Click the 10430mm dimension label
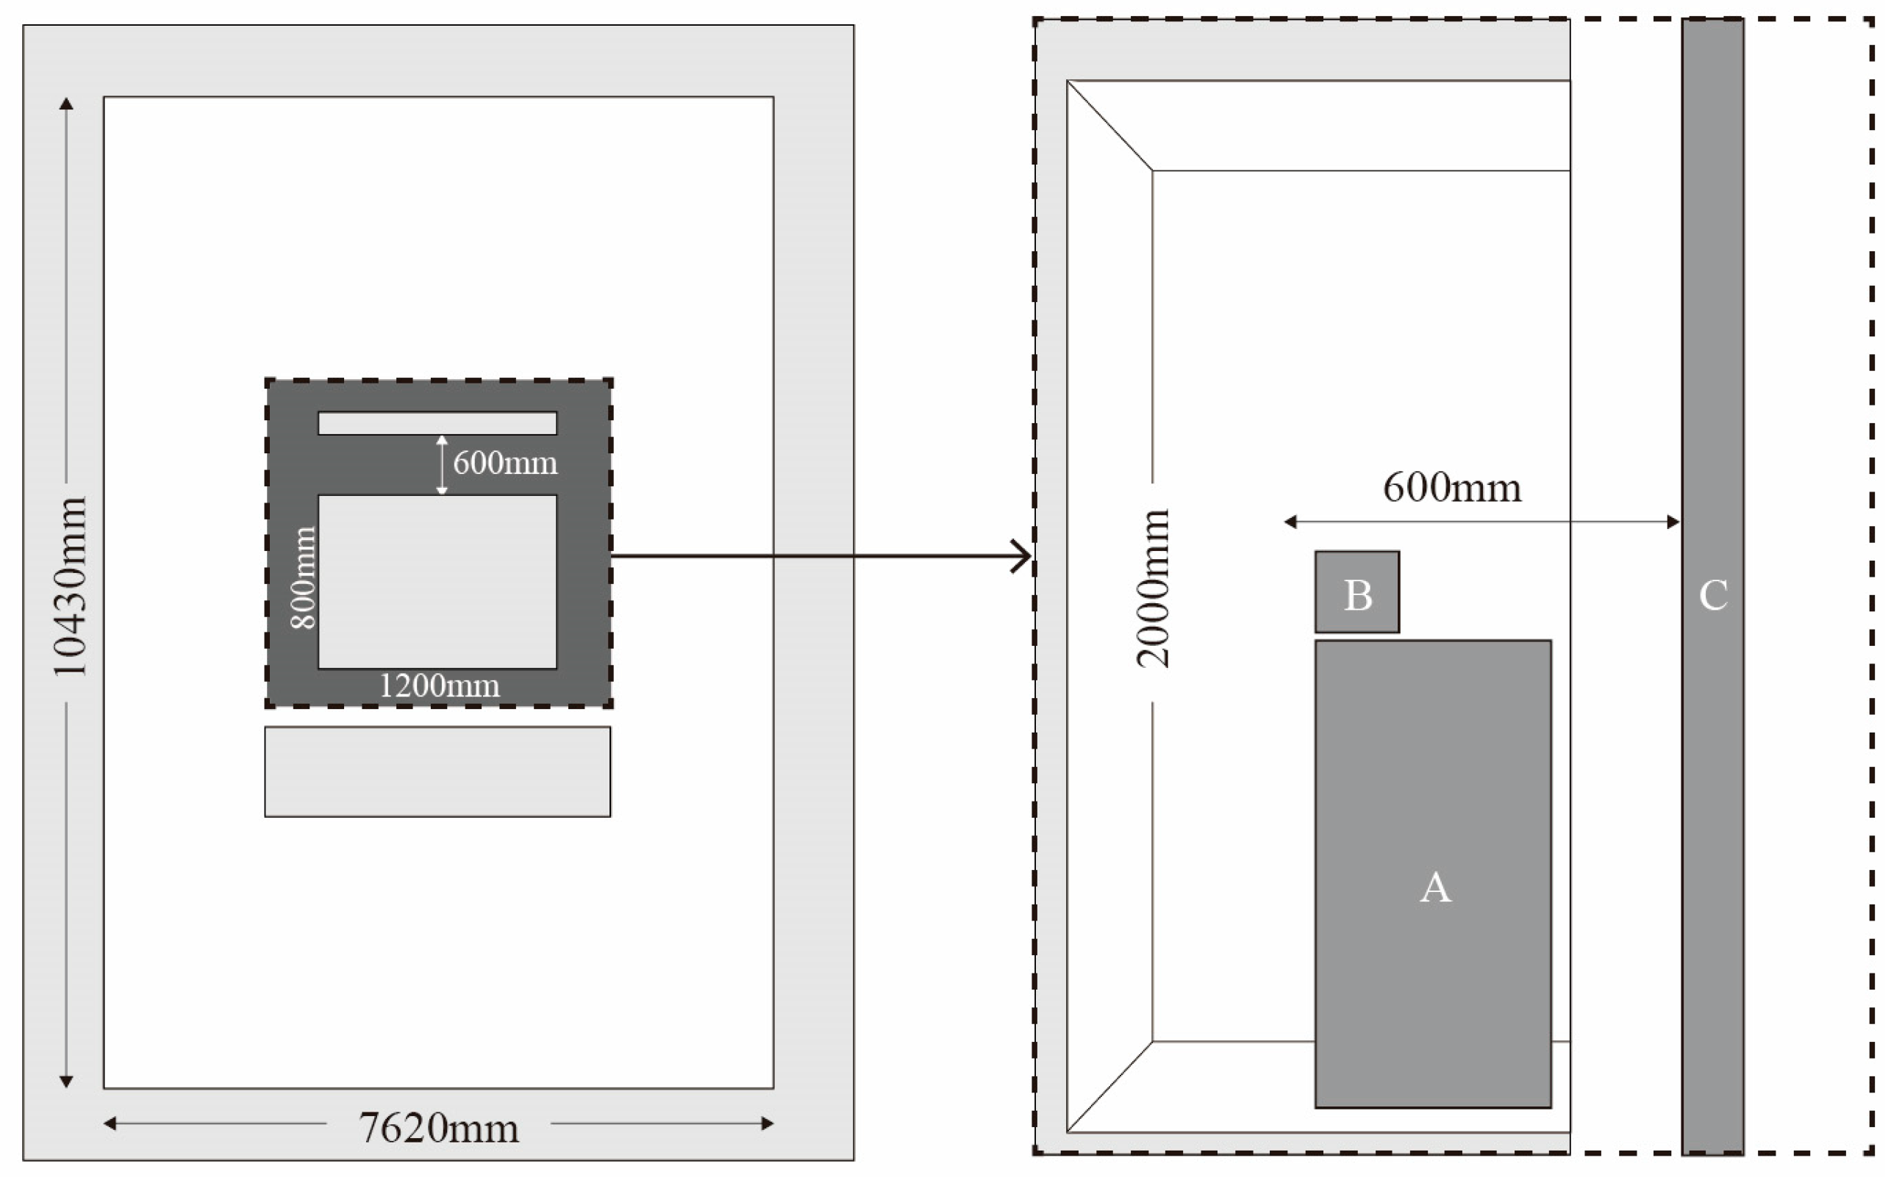click(68, 587)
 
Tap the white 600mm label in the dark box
click(504, 464)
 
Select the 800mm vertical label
click(303, 577)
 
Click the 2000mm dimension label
click(1152, 589)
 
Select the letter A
click(1434, 888)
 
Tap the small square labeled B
click(1356, 592)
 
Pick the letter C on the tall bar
click(1712, 596)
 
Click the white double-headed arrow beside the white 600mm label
click(442, 465)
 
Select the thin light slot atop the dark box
click(437, 423)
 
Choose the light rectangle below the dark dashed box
click(437, 771)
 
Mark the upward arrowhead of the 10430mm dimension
click(66, 104)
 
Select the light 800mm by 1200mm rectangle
click(437, 581)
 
